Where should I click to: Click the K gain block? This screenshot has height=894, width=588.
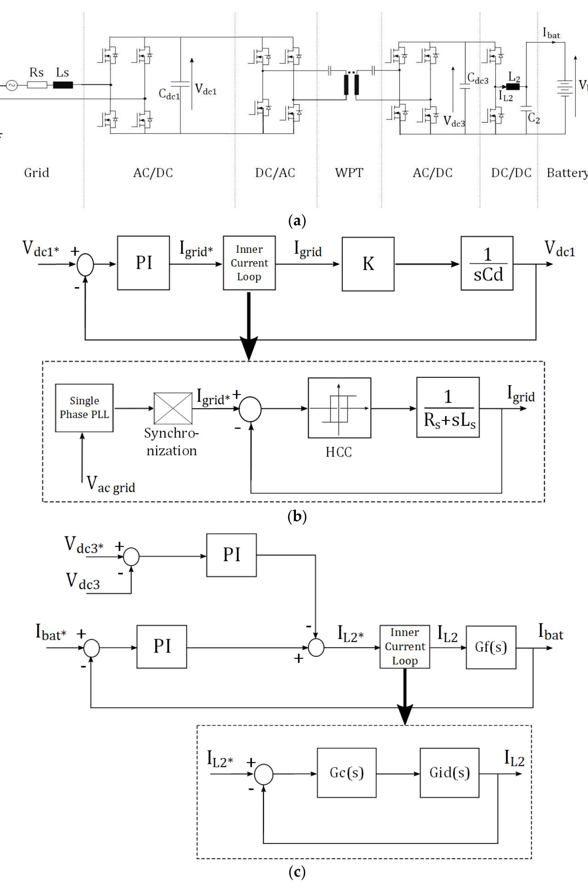click(368, 264)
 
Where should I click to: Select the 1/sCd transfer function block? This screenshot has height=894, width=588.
click(487, 264)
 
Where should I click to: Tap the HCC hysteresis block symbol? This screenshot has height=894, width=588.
click(339, 408)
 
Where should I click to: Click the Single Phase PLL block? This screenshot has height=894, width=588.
click(84, 408)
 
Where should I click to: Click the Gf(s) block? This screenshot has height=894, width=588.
click(491, 647)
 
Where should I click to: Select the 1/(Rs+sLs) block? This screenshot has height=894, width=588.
click(448, 407)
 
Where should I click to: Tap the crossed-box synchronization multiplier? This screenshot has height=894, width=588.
click(173, 408)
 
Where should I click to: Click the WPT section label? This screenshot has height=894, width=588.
click(349, 173)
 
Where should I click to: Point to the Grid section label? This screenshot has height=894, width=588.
click(37, 173)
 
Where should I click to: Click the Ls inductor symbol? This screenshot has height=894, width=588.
click(63, 85)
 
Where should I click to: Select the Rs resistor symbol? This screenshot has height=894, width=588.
click(37, 85)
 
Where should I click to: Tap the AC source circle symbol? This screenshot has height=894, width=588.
click(12, 85)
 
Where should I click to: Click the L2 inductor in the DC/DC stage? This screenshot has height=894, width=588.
click(513, 87)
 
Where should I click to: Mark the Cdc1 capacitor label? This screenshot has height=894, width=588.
click(169, 94)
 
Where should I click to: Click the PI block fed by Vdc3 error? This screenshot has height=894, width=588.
click(231, 555)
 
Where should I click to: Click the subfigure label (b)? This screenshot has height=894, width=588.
click(297, 516)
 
